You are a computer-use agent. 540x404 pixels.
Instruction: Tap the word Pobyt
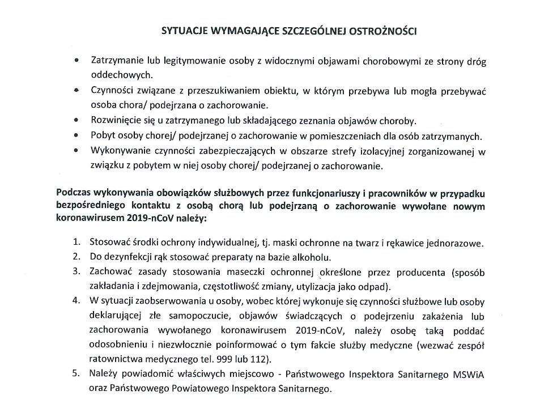pos(103,136)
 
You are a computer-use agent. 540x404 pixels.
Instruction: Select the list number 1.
pos(76,243)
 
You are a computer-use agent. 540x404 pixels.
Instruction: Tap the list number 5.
pos(76,374)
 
